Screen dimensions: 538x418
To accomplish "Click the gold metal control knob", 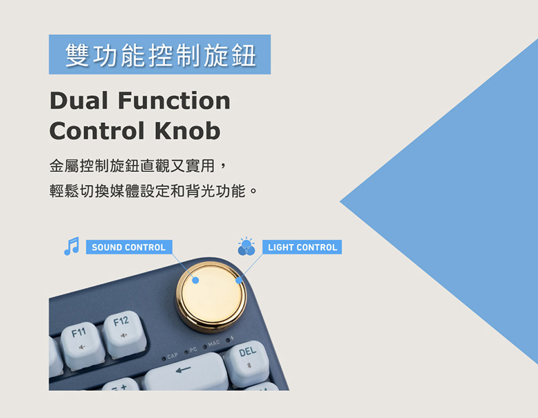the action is point(211,297).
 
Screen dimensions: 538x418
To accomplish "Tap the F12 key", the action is point(125,334).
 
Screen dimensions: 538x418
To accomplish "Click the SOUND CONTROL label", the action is point(128,247).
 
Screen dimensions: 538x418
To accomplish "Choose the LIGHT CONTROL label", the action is point(302,247).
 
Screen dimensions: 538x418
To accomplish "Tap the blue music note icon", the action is point(72,246).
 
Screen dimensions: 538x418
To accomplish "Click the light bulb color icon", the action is point(246,246).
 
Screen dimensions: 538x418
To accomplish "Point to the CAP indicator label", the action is point(172,356).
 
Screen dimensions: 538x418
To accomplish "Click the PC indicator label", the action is point(193,349).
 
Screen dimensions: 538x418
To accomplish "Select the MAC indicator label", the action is point(213,343).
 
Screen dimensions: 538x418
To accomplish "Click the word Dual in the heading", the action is point(79,101).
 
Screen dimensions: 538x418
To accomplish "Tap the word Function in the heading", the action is point(174,101).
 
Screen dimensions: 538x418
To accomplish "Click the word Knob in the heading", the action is point(188,130).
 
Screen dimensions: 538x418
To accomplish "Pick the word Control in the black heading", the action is point(97,130).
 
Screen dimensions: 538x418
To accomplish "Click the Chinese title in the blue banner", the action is point(160,55).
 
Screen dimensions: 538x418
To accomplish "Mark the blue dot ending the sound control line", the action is point(196,280).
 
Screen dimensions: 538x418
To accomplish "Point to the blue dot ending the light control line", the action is point(239,280).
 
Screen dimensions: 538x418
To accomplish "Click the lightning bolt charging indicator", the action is point(232,339).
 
